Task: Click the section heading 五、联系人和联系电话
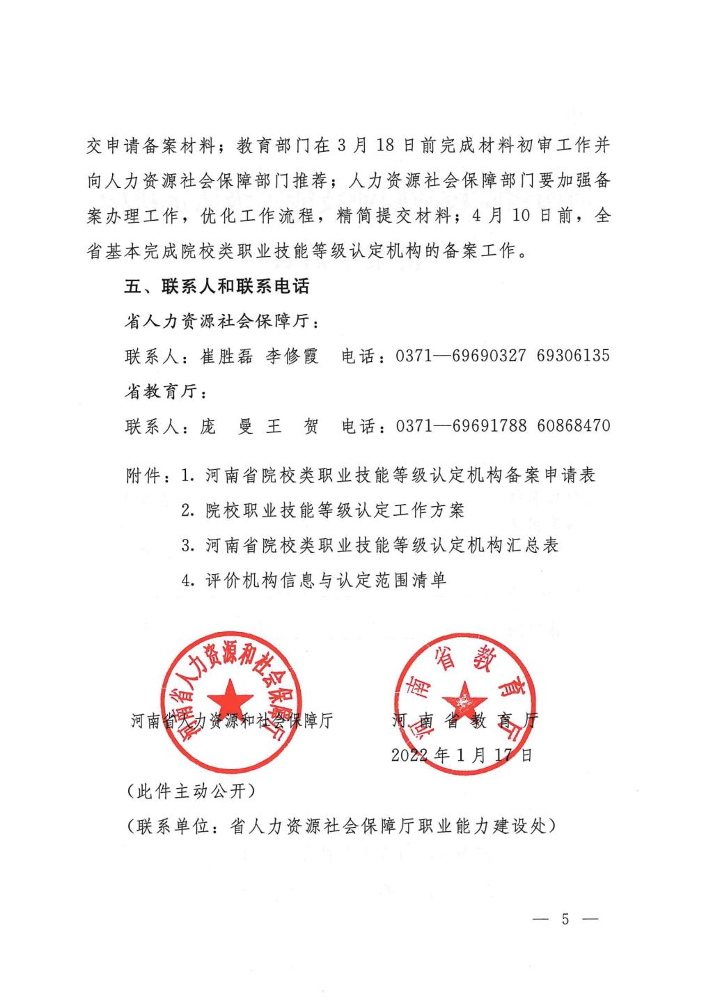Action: pos(217,287)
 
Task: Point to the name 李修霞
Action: pos(292,356)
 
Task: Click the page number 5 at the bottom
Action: pos(565,920)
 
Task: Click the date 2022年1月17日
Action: pos(462,755)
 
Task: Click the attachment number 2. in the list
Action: pos(187,511)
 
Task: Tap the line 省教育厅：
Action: pos(166,392)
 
